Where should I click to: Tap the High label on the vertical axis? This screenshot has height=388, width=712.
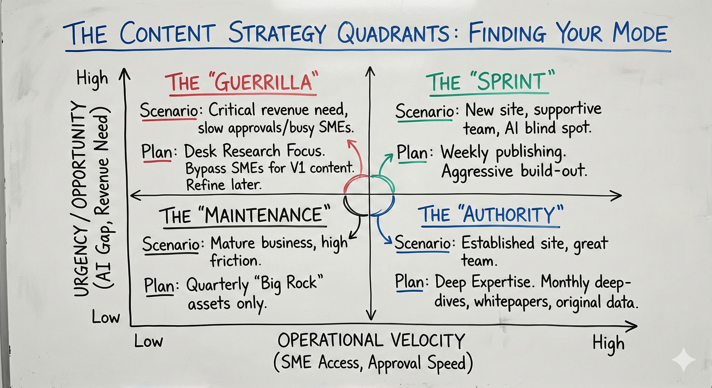point(92,78)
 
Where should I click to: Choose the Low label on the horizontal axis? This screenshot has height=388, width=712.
point(148,341)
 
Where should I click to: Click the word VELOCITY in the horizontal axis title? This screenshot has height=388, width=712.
point(427,340)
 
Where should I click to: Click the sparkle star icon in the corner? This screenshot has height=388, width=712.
point(684,360)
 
